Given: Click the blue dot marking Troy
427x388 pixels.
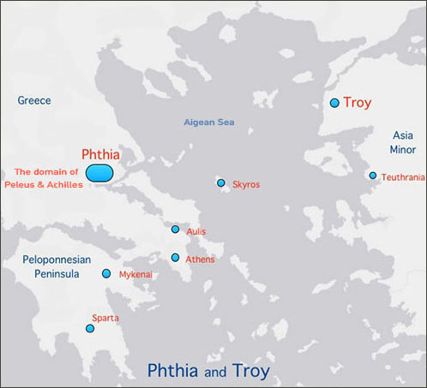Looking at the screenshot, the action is pos(334,103).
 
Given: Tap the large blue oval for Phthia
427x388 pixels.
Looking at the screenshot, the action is pos(99,173).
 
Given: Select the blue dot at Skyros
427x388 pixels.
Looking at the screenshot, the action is pos(221,183).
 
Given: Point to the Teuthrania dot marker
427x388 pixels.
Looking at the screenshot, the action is pos(373,176).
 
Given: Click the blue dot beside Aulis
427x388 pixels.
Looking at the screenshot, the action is pos(175,230).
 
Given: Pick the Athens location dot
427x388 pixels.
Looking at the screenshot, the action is pos(175,258).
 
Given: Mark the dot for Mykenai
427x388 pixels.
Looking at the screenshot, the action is pos(106,274).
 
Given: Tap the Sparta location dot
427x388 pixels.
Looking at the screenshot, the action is pos(90,329).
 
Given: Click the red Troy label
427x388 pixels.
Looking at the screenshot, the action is pos(358,103).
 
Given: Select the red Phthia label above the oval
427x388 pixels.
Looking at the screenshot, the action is pos(99,154).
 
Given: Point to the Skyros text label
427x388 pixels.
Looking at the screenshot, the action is pos(246,184).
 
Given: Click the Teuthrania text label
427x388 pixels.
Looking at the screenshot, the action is pos(403,177).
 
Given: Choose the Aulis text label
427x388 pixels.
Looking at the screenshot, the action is pos(196,232).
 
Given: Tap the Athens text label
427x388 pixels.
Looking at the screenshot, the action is pos(200,260).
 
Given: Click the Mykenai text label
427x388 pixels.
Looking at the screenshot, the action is pos(135,275).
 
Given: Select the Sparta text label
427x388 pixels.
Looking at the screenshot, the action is pos(105,319).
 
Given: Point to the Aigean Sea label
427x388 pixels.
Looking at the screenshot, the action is pos(209,122).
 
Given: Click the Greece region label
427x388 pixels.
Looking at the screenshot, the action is pos(34,100).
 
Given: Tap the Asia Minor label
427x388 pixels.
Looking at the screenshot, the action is pos(403,142).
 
